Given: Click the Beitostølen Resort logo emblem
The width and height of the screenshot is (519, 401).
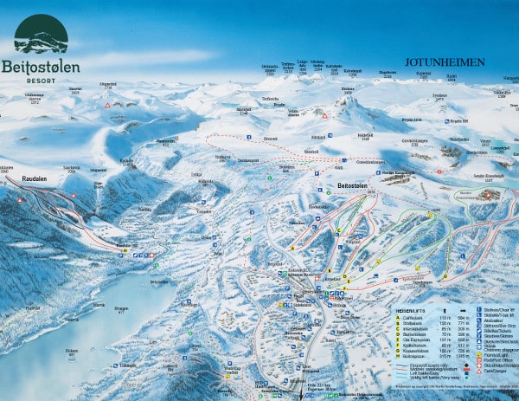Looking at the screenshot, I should pyautogui.click(x=41, y=34).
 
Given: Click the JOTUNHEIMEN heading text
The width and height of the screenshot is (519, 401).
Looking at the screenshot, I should pyautogui.click(x=445, y=62).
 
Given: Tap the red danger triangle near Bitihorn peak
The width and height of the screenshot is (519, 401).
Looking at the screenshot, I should pyautogui.click(x=324, y=114).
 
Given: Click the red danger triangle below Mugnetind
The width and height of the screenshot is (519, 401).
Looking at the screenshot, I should pyautogui.click(x=107, y=105).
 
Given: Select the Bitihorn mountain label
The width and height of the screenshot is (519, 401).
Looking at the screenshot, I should pyautogui.click(x=349, y=89).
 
